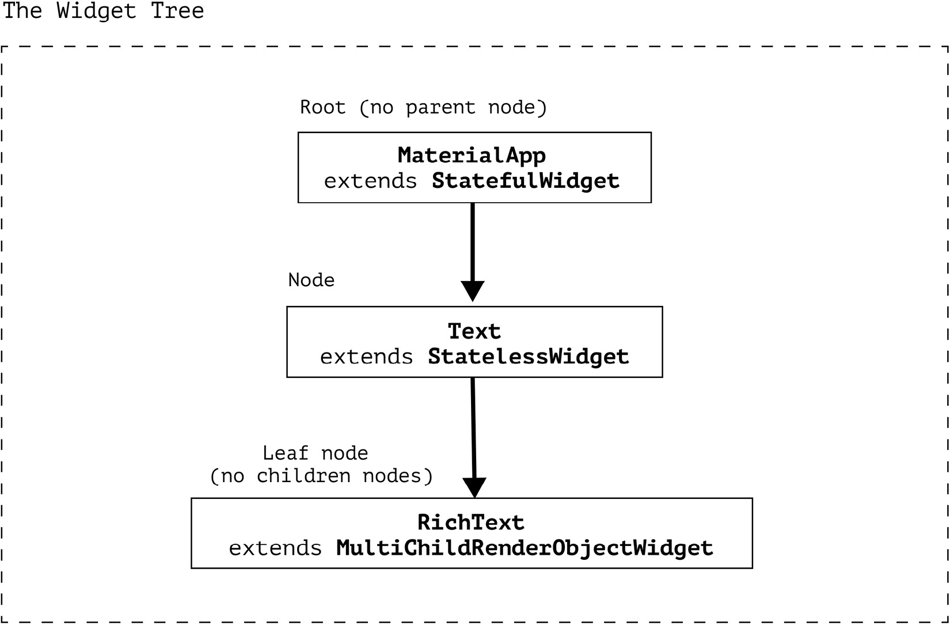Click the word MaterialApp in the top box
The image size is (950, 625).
point(472,156)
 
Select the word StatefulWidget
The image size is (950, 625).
point(525,181)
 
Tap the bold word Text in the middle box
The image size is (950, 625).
point(474,331)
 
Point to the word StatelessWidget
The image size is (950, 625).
point(528,357)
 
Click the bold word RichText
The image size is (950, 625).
point(471,522)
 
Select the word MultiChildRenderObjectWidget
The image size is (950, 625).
point(525,548)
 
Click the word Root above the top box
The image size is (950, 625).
point(322,108)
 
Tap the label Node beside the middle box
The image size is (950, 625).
point(311,281)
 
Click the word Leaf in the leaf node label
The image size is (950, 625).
point(285,453)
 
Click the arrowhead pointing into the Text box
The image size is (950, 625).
point(473,290)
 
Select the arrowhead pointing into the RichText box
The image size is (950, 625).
point(474,487)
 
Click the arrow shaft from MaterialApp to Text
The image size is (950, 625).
point(473,242)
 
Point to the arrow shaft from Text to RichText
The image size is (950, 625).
point(473,426)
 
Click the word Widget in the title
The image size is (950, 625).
point(96,11)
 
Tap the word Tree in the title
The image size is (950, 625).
point(177,11)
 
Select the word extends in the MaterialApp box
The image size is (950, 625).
point(370,181)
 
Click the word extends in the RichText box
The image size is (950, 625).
point(275,548)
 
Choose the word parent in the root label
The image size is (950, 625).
point(440,108)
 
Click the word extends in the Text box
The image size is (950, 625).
point(366,357)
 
